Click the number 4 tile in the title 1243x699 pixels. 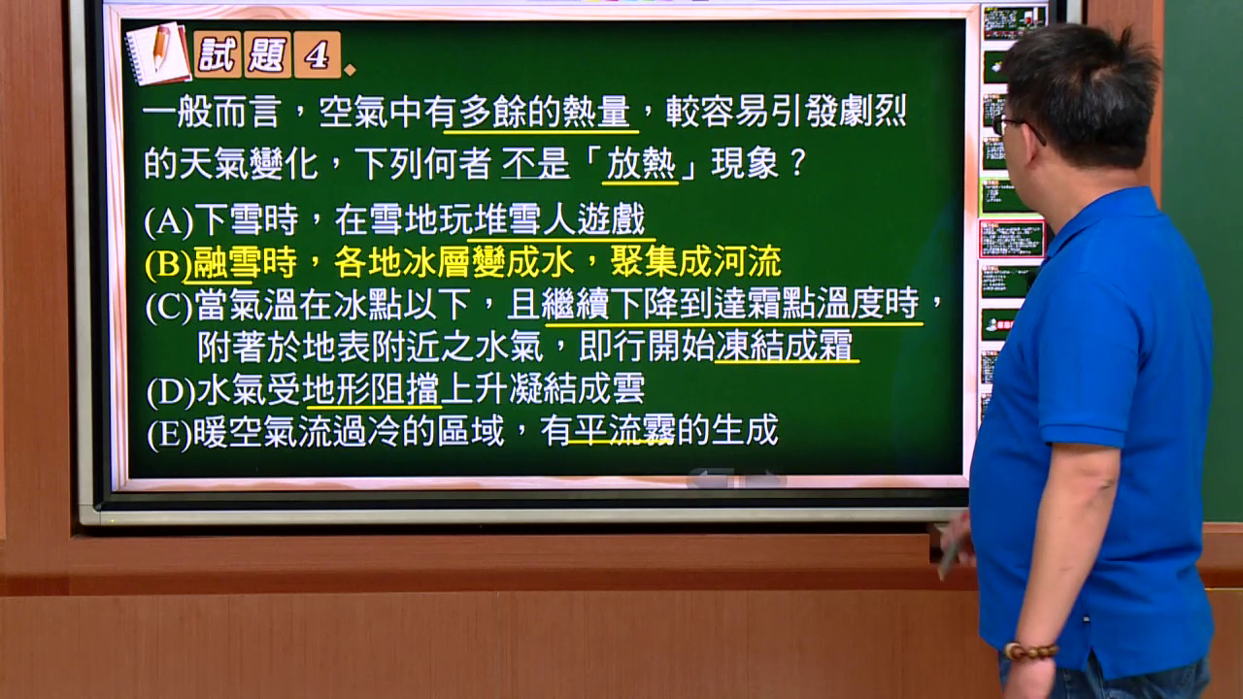[x=317, y=54]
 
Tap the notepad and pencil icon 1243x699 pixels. [x=158, y=53]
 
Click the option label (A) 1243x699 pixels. [x=169, y=221]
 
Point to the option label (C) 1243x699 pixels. [x=169, y=307]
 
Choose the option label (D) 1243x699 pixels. [x=171, y=391]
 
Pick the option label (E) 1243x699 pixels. [x=169, y=433]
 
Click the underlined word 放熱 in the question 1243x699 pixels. [x=640, y=164]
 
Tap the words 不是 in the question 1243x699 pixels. [x=535, y=163]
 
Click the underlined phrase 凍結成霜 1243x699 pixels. [x=784, y=346]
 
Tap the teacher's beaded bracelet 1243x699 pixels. [x=1030, y=651]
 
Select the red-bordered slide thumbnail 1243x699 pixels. [x=1012, y=239]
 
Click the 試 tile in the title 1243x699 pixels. [x=218, y=54]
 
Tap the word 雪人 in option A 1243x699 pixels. [x=526, y=219]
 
